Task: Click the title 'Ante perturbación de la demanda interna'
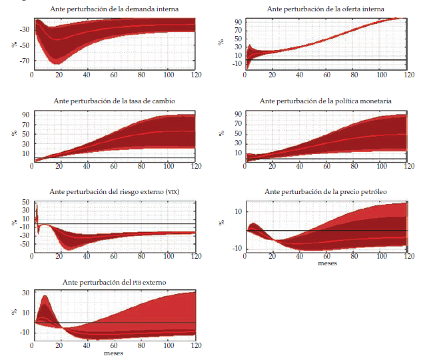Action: click(114, 9)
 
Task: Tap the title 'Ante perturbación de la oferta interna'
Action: click(324, 9)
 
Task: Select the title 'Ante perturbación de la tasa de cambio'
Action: click(114, 101)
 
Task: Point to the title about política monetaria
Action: click(324, 101)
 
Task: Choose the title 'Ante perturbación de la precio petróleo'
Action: click(326, 192)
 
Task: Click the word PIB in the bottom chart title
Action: click(137, 283)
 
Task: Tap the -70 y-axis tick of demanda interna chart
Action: click(23, 61)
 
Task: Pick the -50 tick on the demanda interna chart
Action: click(23, 45)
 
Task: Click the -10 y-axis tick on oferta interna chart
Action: click(238, 64)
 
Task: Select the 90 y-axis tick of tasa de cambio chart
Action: click(25, 114)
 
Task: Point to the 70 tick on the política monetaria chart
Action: click(238, 124)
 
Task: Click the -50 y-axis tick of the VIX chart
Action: click(23, 244)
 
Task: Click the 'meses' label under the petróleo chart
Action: click(326, 263)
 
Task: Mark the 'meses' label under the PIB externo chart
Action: click(113, 353)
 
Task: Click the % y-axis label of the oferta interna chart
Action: click(222, 42)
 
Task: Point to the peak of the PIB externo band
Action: click(45, 296)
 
